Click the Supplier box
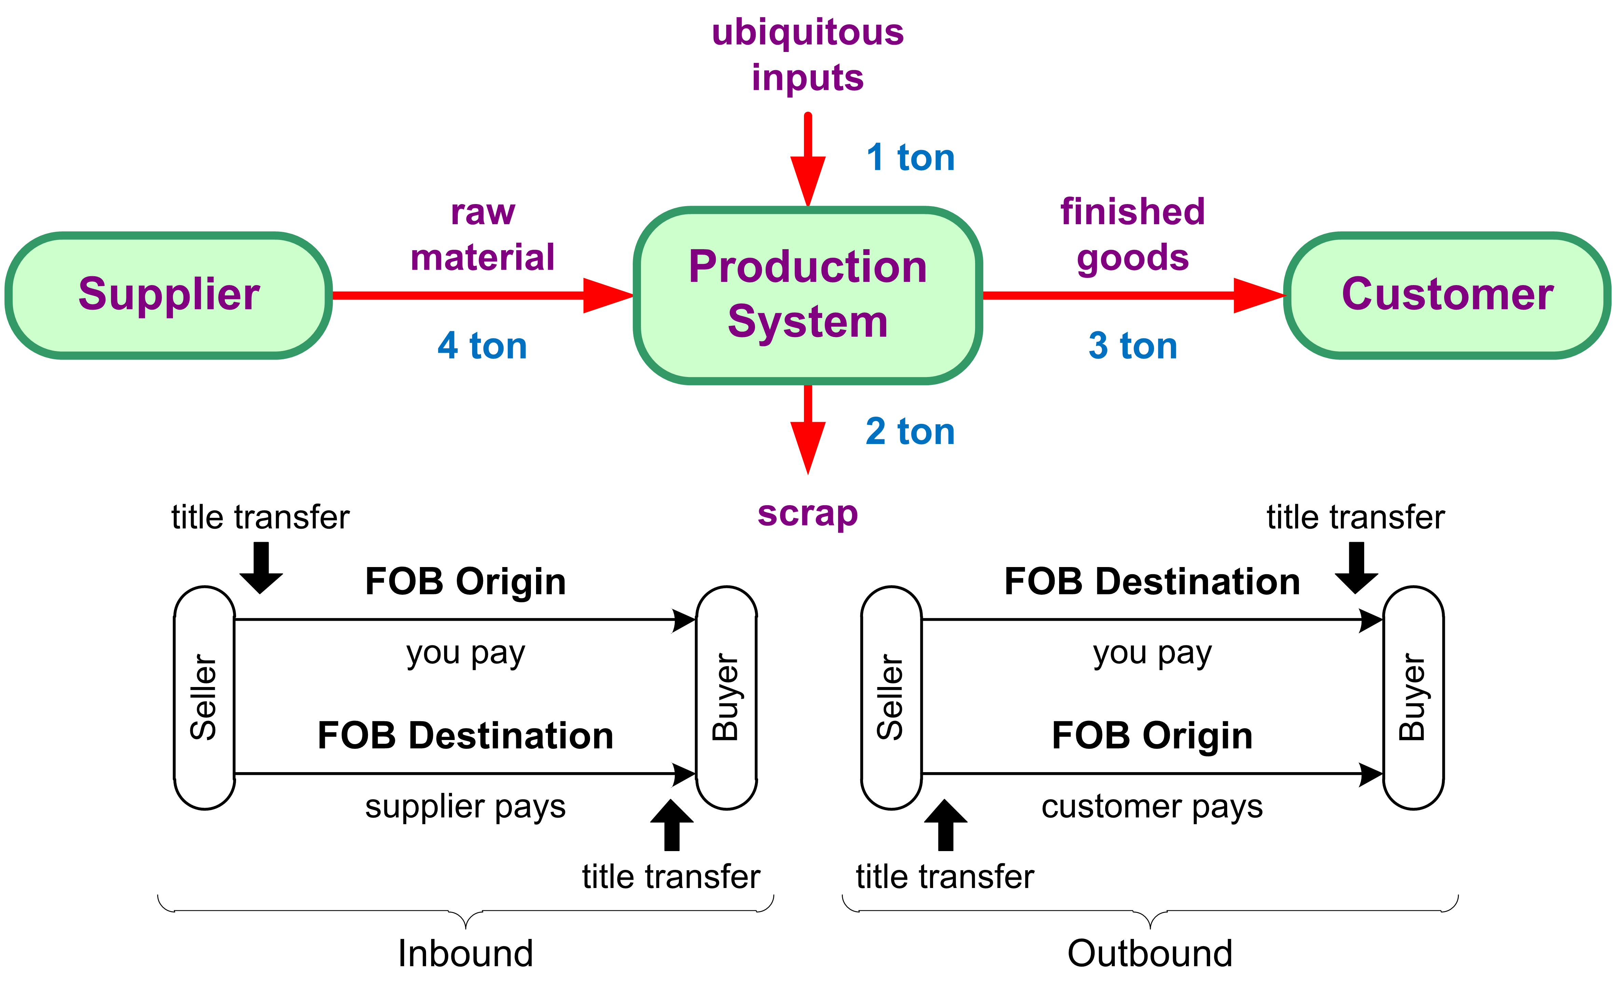tap(168, 295)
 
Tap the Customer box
tap(1448, 295)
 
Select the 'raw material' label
tap(483, 234)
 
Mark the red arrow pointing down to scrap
tap(808, 430)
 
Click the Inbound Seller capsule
tap(205, 698)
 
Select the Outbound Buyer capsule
tap(1413, 698)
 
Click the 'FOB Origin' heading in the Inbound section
tap(465, 582)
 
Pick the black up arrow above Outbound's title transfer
tap(945, 825)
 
